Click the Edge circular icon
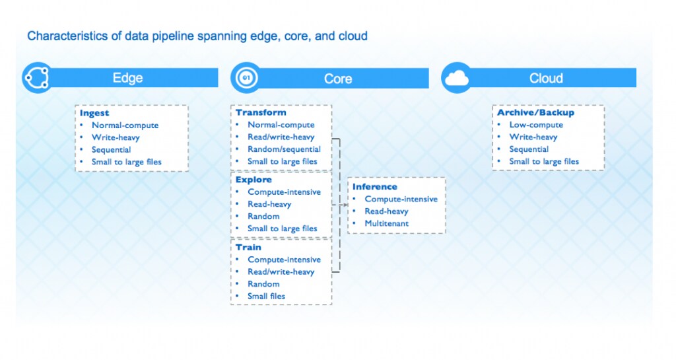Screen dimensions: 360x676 pos(35,78)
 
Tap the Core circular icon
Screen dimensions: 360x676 pos(245,79)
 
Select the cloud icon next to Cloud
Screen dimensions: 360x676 pos(456,79)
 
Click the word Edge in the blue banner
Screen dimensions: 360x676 pos(127,78)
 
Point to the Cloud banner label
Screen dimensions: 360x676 pos(546,78)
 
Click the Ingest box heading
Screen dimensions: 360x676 pos(94,113)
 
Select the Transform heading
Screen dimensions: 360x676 pos(261,112)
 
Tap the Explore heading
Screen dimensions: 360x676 pos(253,180)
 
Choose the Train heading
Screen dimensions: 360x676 pos(248,247)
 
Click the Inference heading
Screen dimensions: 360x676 pos(375,187)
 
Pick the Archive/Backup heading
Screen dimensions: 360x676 pos(535,112)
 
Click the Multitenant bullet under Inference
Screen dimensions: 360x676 pos(386,223)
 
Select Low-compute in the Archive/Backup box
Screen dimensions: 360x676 pos(536,125)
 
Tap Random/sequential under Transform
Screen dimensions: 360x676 pos(284,149)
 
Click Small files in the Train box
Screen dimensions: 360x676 pos(266,296)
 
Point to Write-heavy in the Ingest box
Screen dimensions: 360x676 pos(116,137)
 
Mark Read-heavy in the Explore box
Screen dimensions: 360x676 pos(269,204)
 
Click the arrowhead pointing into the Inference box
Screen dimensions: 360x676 pos(345,205)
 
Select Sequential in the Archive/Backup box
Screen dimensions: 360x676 pos(529,149)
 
